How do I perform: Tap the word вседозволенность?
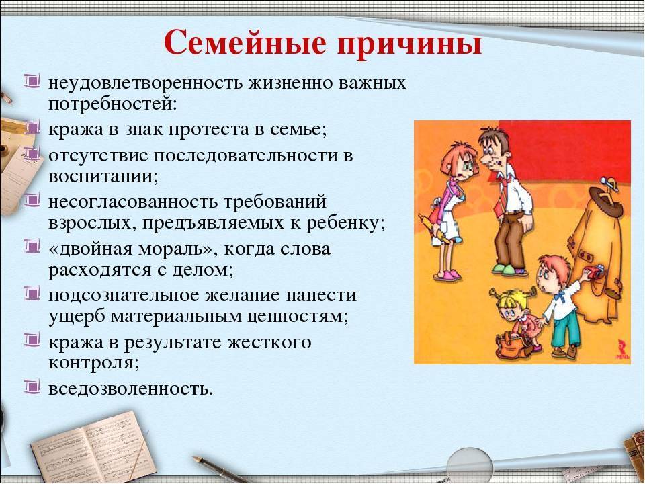tap(130, 388)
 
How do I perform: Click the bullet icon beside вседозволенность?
tap(32, 387)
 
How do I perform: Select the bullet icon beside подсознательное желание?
tap(32, 294)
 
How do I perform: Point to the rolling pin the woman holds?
tap(434, 229)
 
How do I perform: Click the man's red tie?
tap(502, 193)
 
